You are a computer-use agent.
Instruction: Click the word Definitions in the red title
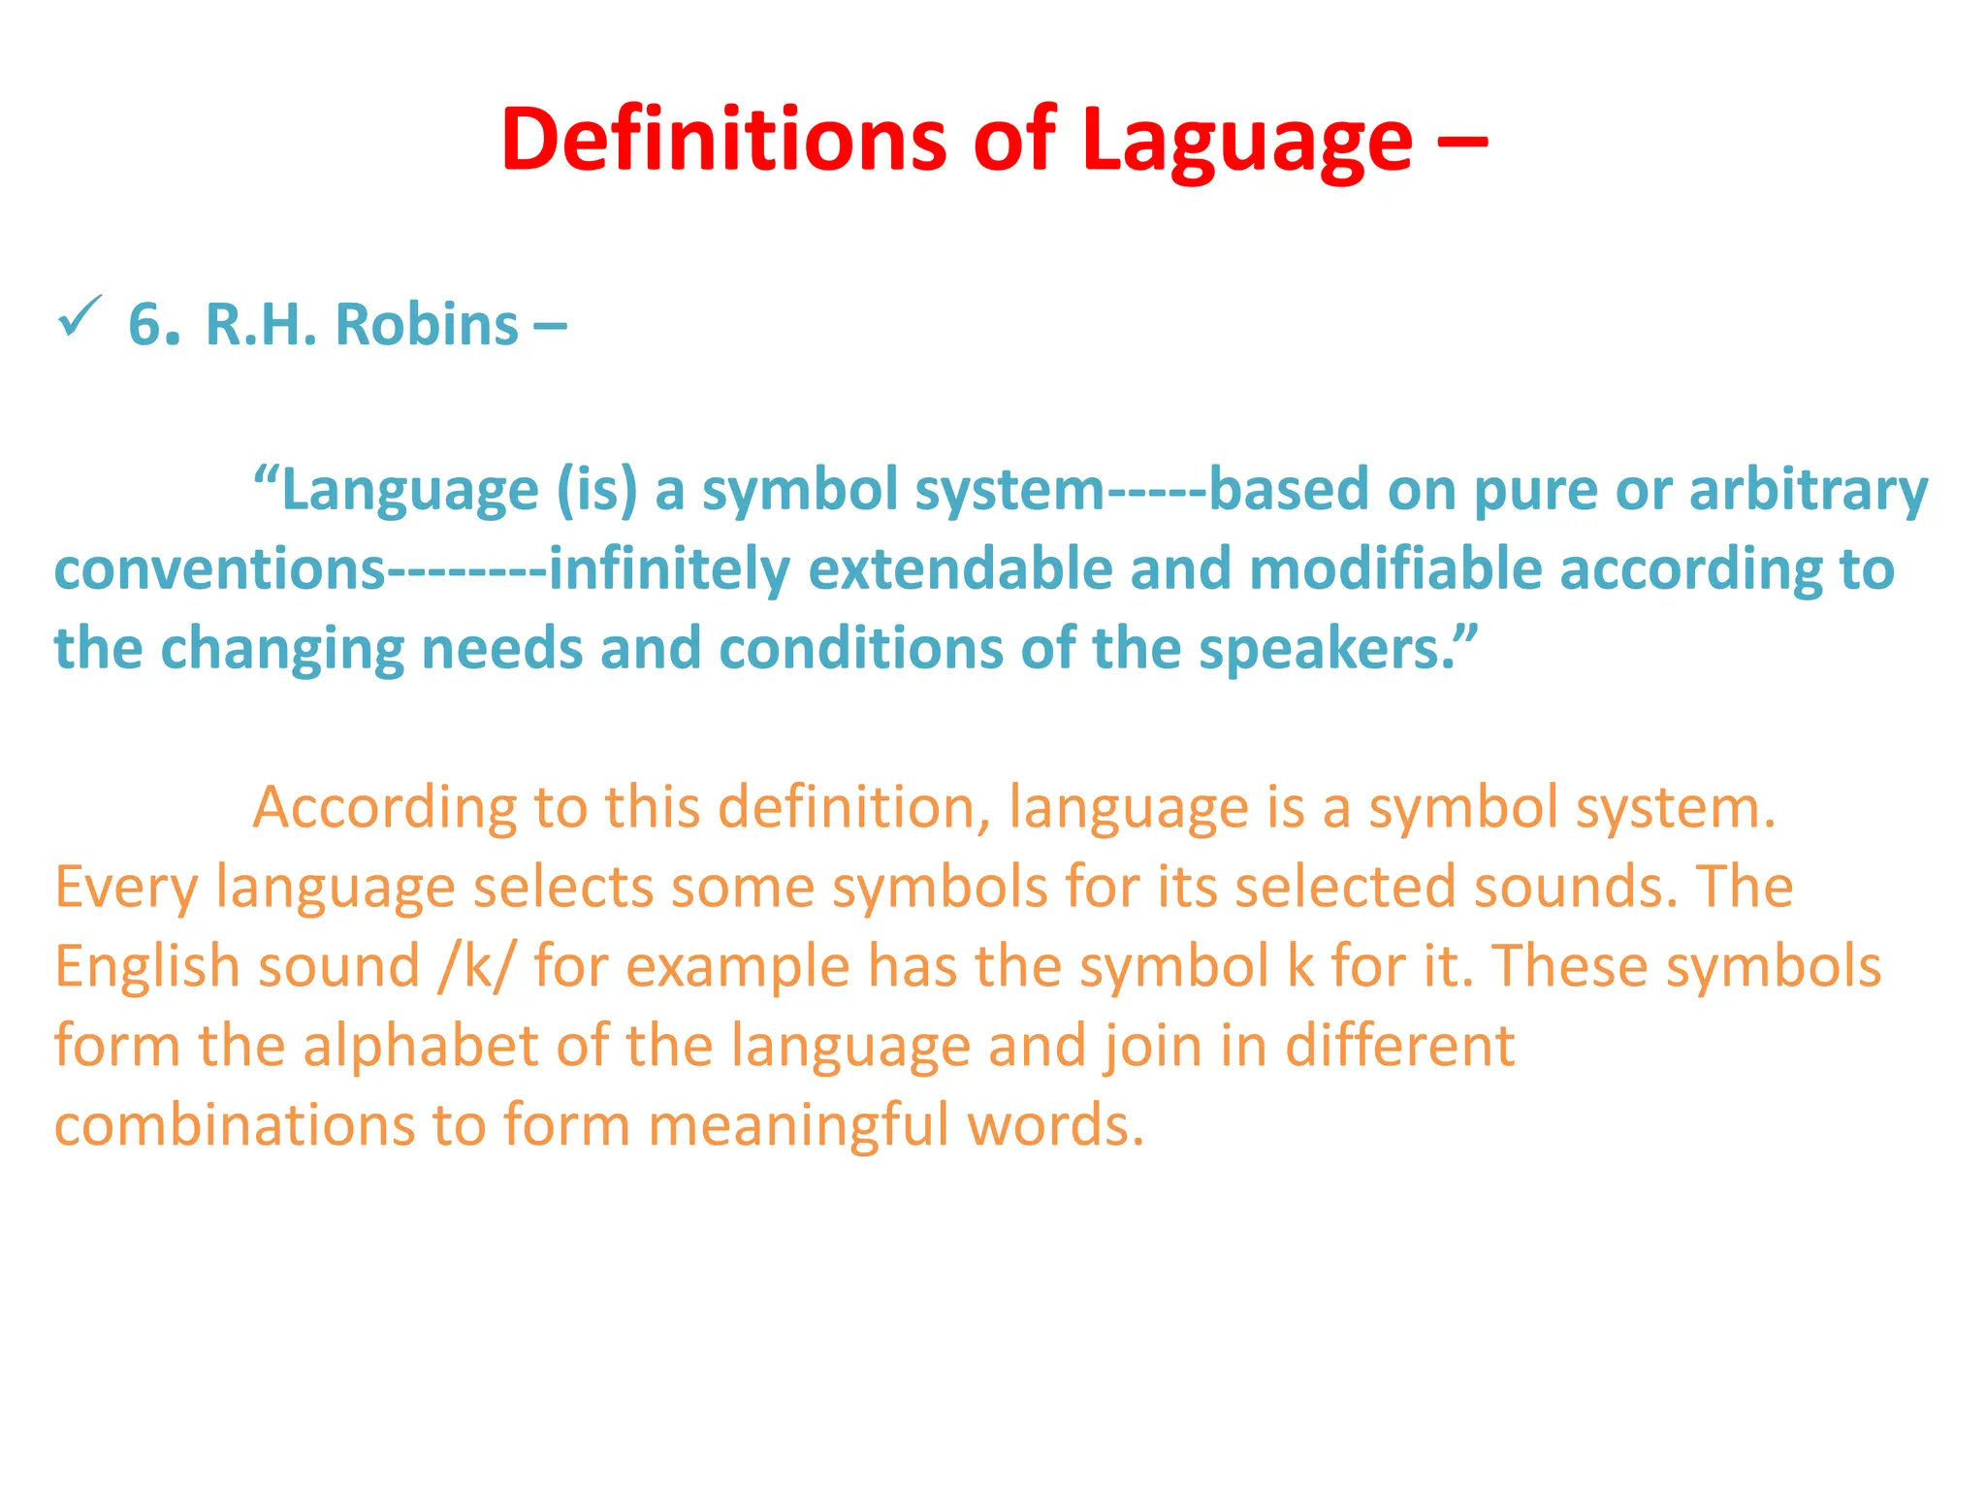pyautogui.click(x=723, y=141)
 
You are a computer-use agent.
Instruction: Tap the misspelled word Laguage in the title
pyautogui.click(x=1246, y=141)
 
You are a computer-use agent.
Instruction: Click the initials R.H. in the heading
pyautogui.click(x=261, y=324)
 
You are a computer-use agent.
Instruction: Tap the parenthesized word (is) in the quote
pyautogui.click(x=597, y=490)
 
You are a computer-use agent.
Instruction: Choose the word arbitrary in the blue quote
pyautogui.click(x=1809, y=490)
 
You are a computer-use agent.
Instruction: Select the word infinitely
pyautogui.click(x=669, y=569)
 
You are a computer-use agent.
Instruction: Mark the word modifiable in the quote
pyautogui.click(x=1395, y=569)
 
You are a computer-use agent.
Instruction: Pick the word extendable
pyautogui.click(x=960, y=569)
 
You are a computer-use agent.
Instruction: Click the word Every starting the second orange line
pyautogui.click(x=126, y=887)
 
